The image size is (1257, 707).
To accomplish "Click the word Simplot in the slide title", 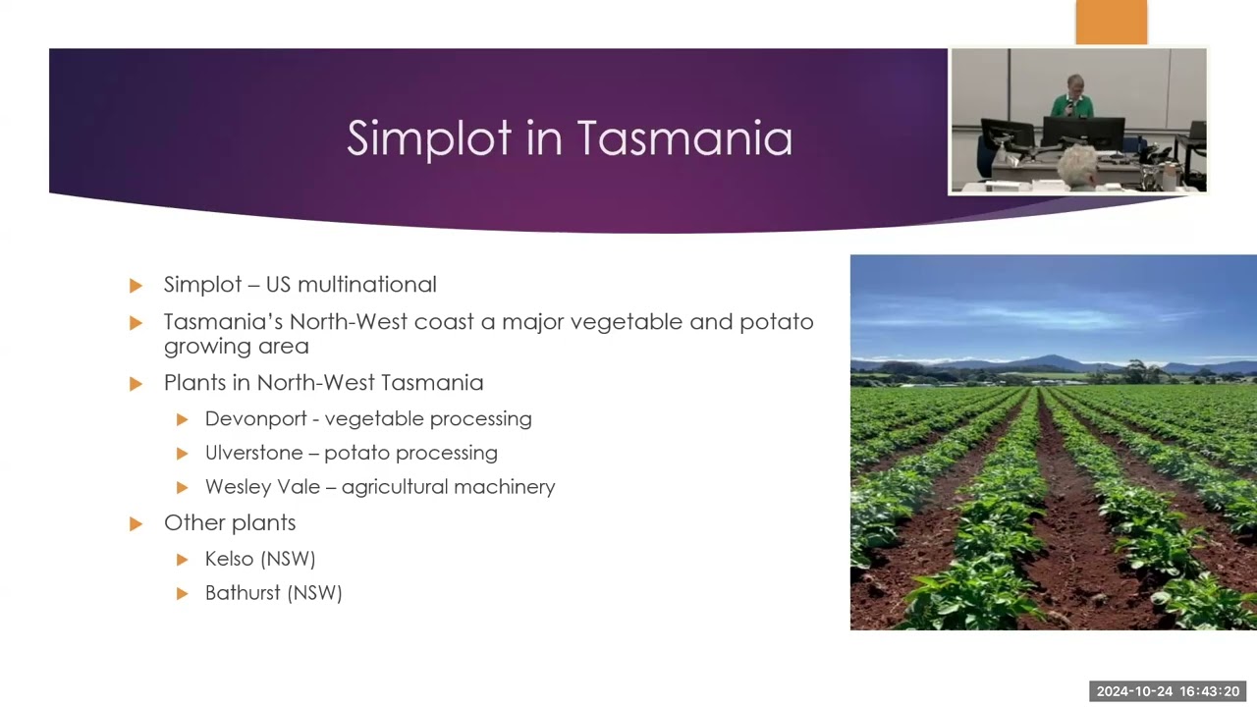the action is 429,139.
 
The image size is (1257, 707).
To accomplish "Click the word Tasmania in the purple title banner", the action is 684,137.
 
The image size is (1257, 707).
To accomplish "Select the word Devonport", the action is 256,419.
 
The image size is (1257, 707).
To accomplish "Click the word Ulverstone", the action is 254,453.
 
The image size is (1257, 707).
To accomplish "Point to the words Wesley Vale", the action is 262,487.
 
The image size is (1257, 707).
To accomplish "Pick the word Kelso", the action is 230,559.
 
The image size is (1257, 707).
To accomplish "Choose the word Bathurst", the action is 243,592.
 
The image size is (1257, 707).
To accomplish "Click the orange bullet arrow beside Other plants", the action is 136,524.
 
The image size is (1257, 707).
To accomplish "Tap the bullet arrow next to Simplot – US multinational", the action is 136,286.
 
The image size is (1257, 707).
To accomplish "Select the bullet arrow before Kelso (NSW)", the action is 182,560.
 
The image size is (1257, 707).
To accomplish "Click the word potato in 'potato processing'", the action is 356,454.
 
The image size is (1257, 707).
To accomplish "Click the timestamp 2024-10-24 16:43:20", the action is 1168,691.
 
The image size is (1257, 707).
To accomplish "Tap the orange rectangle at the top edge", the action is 1111,22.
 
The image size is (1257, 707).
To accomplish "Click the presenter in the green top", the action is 1072,98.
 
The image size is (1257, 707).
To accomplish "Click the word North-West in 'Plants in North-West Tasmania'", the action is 316,383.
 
